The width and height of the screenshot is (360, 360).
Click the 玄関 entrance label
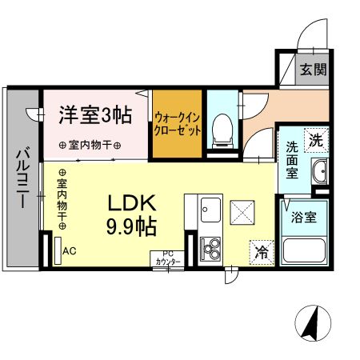coord(314,70)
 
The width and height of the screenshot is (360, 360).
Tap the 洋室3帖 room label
coord(94,114)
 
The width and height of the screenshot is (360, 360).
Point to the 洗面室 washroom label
coord(293,158)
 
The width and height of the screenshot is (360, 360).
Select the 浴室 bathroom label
coord(304,216)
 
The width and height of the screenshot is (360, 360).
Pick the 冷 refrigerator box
coord(261,250)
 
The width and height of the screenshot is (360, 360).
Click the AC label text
coord(70,250)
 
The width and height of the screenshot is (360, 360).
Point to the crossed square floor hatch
coord(241,211)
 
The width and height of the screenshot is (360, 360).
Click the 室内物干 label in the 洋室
coord(90,146)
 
